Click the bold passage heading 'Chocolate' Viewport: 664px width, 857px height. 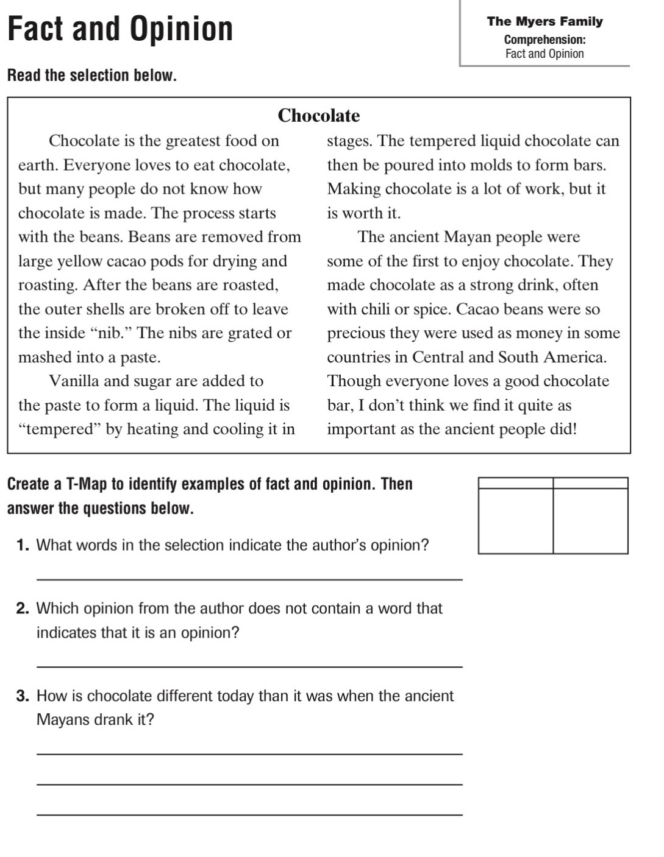(318, 116)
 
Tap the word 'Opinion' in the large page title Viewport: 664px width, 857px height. (182, 29)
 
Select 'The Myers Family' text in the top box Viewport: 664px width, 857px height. (544, 21)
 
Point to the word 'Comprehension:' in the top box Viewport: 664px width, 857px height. (544, 40)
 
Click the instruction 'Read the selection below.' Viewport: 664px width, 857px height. (92, 76)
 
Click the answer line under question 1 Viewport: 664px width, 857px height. (249, 579)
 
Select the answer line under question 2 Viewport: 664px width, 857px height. (249, 666)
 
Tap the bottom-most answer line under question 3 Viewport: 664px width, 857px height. (249, 814)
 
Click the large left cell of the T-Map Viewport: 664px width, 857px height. (516, 521)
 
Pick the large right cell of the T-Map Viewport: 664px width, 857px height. (590, 521)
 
